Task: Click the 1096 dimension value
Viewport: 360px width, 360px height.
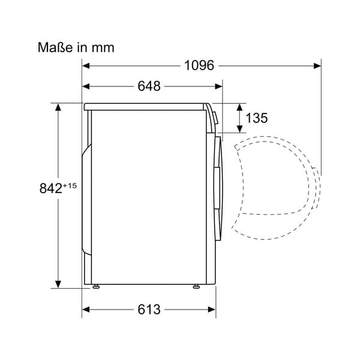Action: [x=198, y=66]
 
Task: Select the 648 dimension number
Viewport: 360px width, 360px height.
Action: [x=149, y=86]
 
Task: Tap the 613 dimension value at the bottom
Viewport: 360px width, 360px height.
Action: [x=149, y=310]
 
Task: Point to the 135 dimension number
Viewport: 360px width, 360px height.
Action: [x=257, y=118]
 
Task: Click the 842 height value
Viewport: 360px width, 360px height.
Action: [x=51, y=188]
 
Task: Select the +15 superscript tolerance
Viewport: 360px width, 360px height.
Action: [x=70, y=185]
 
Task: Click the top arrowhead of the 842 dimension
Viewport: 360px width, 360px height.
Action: [x=58, y=107]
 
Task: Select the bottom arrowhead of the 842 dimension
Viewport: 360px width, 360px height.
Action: [x=58, y=283]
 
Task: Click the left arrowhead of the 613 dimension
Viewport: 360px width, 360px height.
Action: [x=86, y=310]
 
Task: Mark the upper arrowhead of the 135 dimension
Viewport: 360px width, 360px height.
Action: [x=239, y=107]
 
